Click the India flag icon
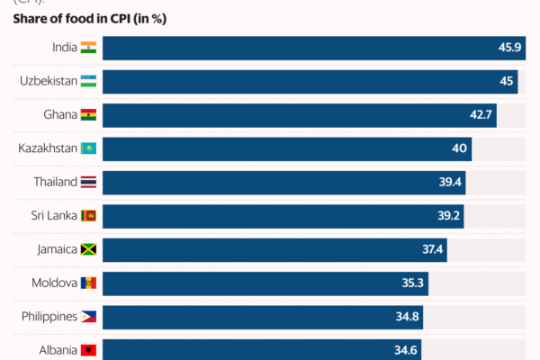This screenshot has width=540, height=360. point(88,48)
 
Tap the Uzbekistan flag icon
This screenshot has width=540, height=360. point(88,82)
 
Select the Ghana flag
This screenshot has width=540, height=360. point(88,115)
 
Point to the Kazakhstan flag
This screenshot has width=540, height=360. point(88,148)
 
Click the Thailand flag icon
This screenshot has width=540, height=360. point(88,182)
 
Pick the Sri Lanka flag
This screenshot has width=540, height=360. point(88,216)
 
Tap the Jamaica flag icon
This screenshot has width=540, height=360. point(88,249)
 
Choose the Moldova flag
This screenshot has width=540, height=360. point(88,283)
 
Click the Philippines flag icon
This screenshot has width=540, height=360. point(88,317)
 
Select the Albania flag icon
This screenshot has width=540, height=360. point(88,350)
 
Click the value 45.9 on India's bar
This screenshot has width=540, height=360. point(510,48)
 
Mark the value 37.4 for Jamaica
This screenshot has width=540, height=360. point(433,249)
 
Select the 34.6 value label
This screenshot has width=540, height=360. point(408,350)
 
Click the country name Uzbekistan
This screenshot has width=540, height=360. point(47,82)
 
